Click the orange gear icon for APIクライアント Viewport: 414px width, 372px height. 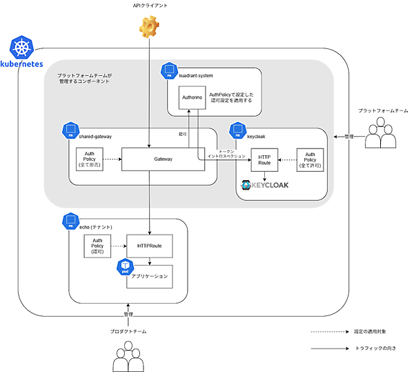[x=149, y=28]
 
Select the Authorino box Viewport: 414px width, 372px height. [x=192, y=99]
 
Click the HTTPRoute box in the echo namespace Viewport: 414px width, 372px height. [x=150, y=245]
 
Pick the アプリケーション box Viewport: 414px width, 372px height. [x=150, y=275]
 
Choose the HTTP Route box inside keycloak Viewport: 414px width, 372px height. [x=264, y=159]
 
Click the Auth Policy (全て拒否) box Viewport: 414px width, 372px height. [x=89, y=159]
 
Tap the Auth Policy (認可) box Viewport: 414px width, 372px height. [x=97, y=246]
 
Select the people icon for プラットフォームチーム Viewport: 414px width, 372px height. [x=382, y=135]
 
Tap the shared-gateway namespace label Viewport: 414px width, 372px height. [x=96, y=137]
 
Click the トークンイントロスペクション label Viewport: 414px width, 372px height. [x=226, y=154]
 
